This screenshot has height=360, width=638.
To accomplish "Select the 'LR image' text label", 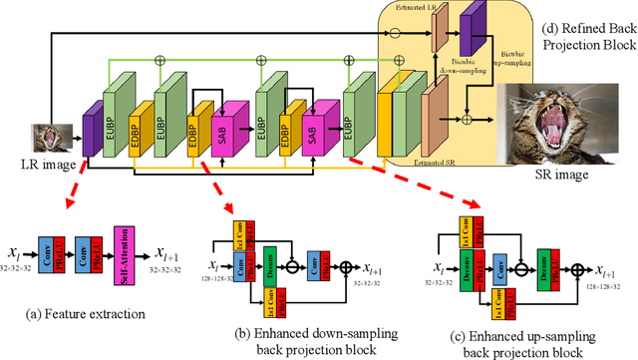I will (x=42, y=164).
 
